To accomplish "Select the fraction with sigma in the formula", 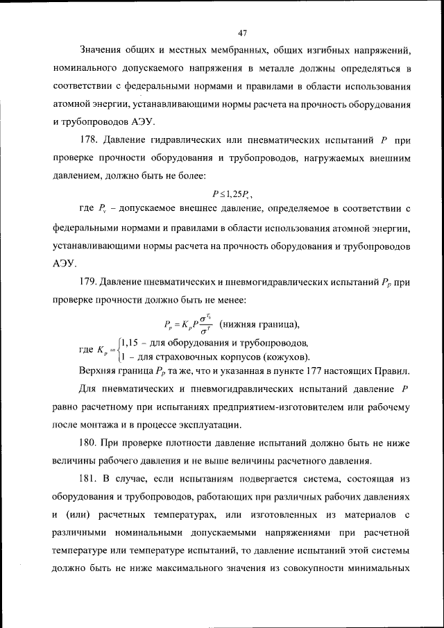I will coord(205,324).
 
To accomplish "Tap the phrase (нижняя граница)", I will coord(259,323).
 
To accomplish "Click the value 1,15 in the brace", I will coord(129,343).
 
